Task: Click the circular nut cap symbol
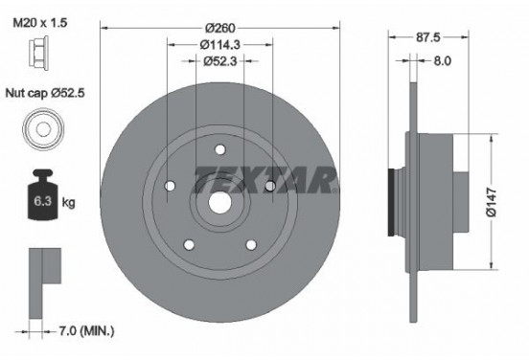click(42, 129)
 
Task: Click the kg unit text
click(67, 204)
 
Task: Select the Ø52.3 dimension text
click(219, 60)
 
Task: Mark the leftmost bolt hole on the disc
click(170, 185)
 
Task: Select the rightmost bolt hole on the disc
click(270, 184)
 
